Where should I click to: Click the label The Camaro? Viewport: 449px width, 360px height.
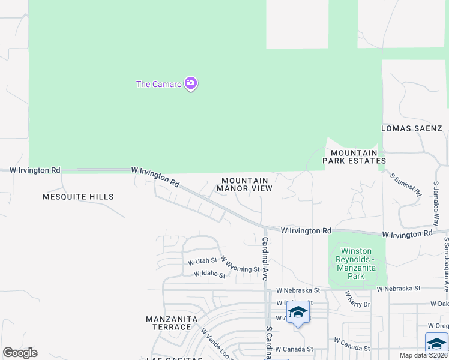pyautogui.click(x=158, y=84)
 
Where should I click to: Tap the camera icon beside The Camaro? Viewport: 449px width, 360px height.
pyautogui.click(x=191, y=83)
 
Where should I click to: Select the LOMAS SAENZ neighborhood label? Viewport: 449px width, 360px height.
pyautogui.click(x=412, y=128)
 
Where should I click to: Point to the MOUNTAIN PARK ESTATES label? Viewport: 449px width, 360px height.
pyautogui.click(x=354, y=157)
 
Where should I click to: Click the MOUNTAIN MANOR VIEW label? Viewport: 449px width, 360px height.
pyautogui.click(x=244, y=184)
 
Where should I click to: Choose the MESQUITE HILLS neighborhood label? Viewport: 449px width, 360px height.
pyautogui.click(x=78, y=197)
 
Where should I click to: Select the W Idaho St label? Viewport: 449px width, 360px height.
pyautogui.click(x=209, y=275)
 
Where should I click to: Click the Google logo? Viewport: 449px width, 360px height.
pyautogui.click(x=20, y=353)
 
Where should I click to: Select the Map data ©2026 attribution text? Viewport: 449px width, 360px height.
pyautogui.click(x=423, y=355)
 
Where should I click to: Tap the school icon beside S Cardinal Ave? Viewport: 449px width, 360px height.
pyautogui.click(x=298, y=313)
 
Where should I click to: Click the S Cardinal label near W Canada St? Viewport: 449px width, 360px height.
pyautogui.click(x=269, y=343)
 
